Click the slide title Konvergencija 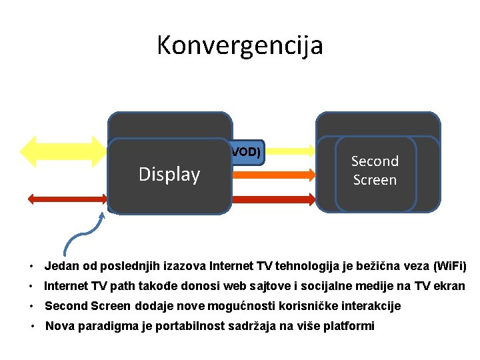(240, 45)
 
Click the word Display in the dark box (169, 175)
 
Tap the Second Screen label (375, 171)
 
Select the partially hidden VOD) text (245, 152)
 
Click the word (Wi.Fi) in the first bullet (449, 267)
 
